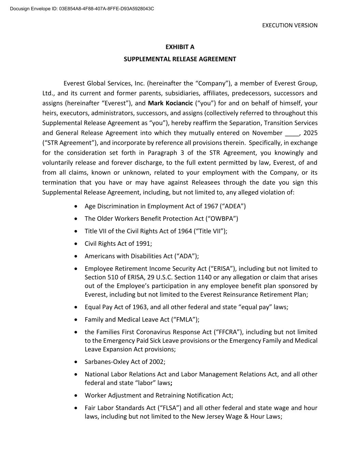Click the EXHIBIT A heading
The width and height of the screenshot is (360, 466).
click(180, 47)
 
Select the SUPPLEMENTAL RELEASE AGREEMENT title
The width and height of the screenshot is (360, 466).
click(180, 59)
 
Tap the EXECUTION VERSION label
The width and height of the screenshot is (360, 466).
click(290, 25)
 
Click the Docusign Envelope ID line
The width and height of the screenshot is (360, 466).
click(82, 8)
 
